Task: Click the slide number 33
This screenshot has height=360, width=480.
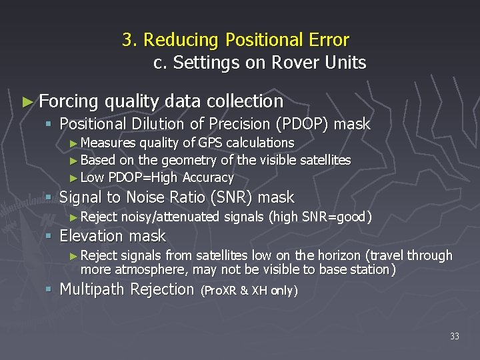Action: click(454, 336)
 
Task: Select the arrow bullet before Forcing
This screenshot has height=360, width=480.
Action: click(27, 101)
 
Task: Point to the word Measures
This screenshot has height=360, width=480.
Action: click(108, 143)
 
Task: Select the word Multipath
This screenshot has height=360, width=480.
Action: click(93, 289)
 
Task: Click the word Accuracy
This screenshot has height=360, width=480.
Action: click(208, 177)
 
